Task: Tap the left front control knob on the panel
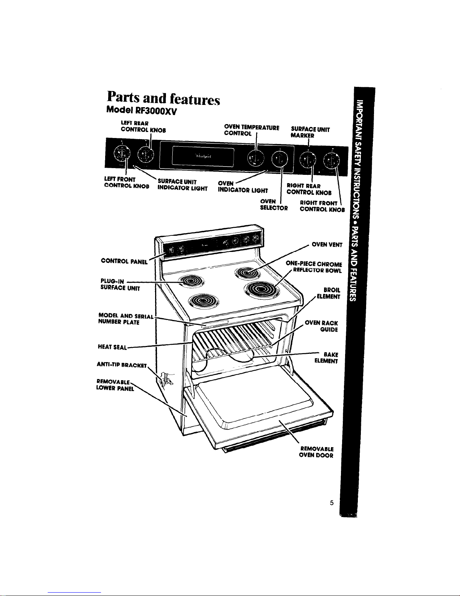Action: tap(121, 153)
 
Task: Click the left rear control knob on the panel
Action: tap(145, 153)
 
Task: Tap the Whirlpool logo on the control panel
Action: tap(202, 156)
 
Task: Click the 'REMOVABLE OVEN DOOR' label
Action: tap(316, 452)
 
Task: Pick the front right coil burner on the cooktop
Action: tap(262, 291)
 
